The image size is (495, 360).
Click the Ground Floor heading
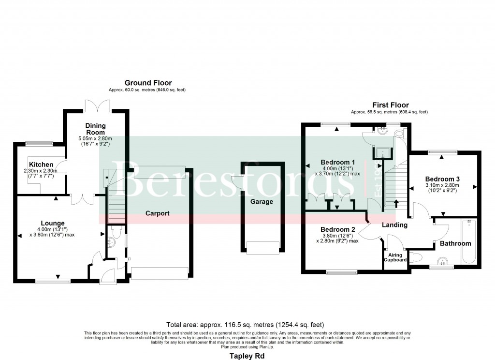pyautogui.click(x=148, y=83)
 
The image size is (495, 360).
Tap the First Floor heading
pyautogui.click(x=390, y=105)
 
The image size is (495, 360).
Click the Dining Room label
pyautogui.click(x=96, y=129)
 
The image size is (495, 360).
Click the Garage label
pyautogui.click(x=262, y=201)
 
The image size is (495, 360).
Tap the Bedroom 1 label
pyautogui.click(x=338, y=162)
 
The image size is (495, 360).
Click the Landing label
pyautogui.click(x=395, y=225)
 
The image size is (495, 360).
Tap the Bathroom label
pyautogui.click(x=455, y=243)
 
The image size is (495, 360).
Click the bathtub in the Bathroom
pyautogui.click(x=469, y=242)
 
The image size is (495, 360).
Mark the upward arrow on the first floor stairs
pyautogui.click(x=397, y=202)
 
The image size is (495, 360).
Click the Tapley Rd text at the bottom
pyautogui.click(x=247, y=355)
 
